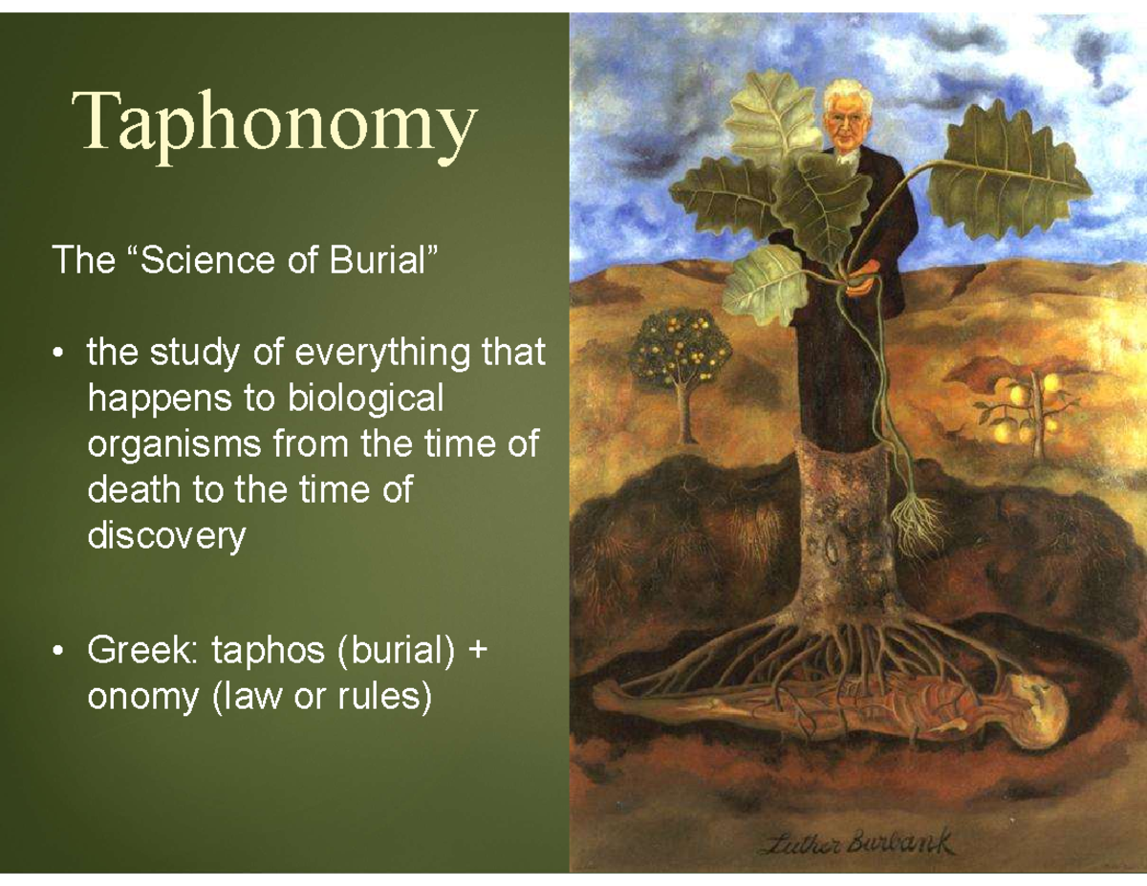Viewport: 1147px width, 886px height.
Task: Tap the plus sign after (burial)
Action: pyautogui.click(x=477, y=652)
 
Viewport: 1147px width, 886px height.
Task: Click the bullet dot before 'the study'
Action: pyautogui.click(x=59, y=355)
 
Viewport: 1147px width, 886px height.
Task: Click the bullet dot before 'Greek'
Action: pyautogui.click(x=59, y=653)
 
